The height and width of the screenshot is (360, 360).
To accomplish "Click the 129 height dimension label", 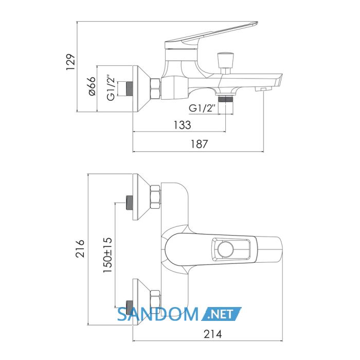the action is coord(71,62).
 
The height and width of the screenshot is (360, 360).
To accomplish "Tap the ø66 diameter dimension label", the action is coord(92,86).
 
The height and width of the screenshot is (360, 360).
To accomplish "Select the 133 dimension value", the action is coord(182,125).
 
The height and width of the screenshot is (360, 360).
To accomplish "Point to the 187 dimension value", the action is coord(200,144).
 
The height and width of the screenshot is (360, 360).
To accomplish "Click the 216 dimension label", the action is coord(80,248).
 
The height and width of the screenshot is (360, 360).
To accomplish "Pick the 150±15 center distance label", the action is coord(107,255).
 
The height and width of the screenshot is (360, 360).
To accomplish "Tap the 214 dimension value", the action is coord(213,334).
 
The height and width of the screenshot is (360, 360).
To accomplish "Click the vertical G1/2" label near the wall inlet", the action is coord(111,87).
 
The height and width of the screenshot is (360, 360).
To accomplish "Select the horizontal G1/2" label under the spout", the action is coord(203,108).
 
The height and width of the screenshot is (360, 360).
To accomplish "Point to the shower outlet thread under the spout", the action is coord(225,99).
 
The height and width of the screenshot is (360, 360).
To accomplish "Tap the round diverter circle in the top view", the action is coord(225,249).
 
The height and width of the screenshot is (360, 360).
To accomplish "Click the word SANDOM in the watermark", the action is coord(157,314).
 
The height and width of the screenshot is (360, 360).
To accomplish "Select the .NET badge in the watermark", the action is coord(221,314).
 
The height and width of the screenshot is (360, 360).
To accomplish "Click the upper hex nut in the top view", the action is coord(155,197).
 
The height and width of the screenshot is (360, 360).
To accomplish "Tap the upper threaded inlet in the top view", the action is coord(130,203).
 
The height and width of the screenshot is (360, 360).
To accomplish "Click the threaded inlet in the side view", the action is coord(130,88).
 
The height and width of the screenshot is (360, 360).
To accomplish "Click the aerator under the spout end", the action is coord(263,89).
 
